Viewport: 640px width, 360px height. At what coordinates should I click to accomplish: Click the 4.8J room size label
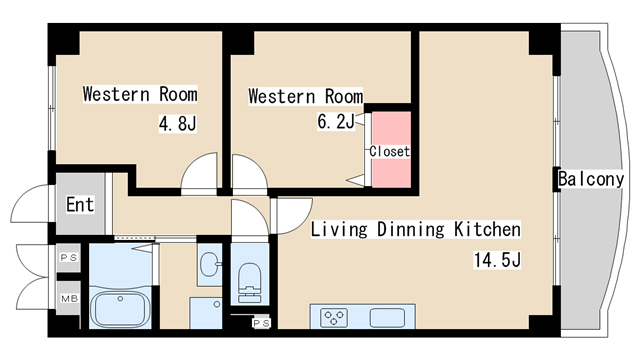[x=178, y=123]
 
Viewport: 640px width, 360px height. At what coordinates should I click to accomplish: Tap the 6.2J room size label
[x=336, y=121]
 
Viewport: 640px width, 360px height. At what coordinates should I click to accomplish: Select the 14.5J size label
[x=497, y=260]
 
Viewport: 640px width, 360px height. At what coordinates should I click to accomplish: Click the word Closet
[x=389, y=151]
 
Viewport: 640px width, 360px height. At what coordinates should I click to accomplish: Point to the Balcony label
[x=591, y=179]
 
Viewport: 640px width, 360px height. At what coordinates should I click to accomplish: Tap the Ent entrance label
[x=80, y=204]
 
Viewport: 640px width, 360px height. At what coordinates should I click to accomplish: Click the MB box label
[x=69, y=299]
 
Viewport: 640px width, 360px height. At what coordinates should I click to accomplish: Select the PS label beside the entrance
[x=69, y=258]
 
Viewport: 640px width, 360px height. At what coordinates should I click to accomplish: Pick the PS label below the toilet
[x=261, y=323]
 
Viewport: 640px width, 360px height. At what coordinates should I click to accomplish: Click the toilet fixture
[x=249, y=282]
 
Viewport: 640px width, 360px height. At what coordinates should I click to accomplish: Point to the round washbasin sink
[x=210, y=264]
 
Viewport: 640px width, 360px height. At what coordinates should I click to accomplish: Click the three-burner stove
[x=334, y=317]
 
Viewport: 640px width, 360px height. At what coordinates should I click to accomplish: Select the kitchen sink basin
[x=387, y=317]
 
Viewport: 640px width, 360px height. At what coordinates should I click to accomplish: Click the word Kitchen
[x=487, y=229]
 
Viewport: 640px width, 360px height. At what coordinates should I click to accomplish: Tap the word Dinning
[x=410, y=229]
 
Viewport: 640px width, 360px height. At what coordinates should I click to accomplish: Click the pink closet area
[x=391, y=149]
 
